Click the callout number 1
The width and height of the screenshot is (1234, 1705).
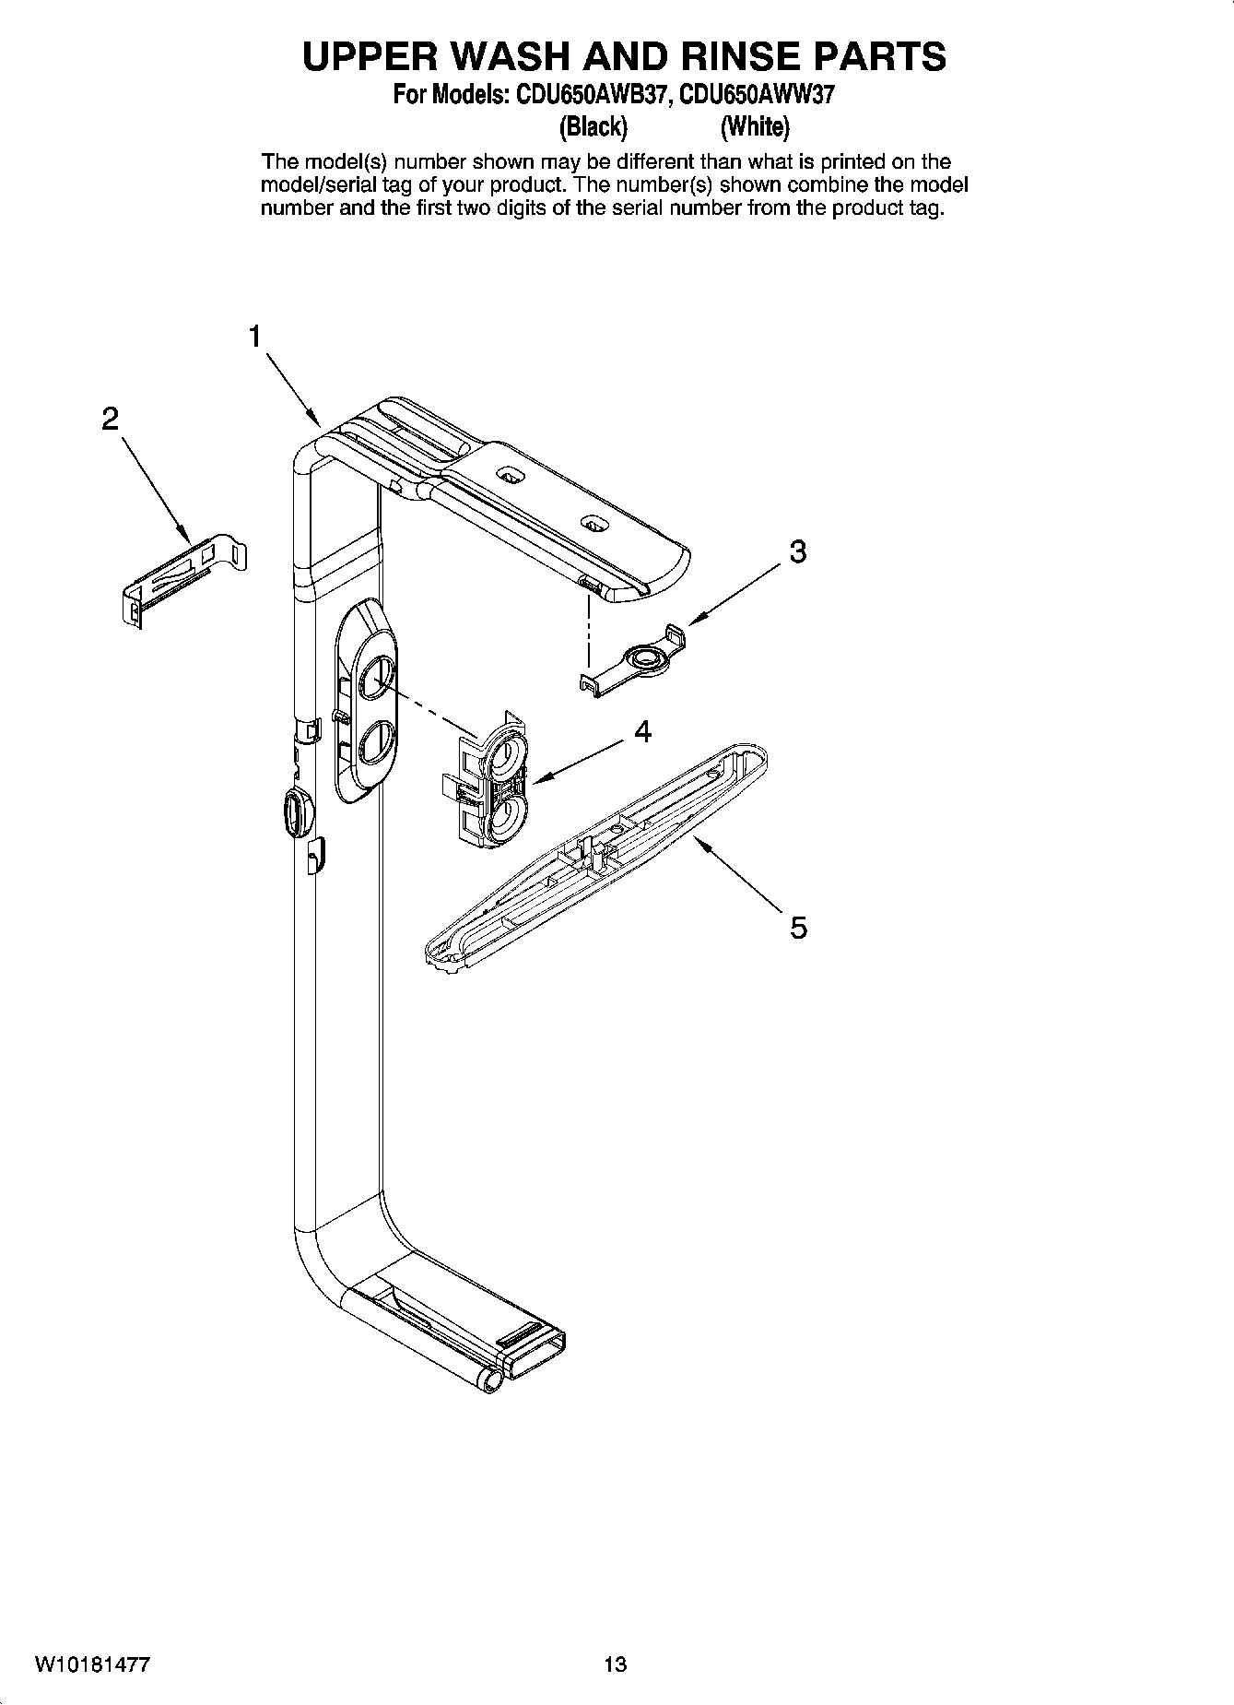[254, 337]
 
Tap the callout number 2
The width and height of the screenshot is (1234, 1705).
[110, 420]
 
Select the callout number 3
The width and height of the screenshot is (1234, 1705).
[798, 552]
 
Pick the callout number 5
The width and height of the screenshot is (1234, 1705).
[798, 927]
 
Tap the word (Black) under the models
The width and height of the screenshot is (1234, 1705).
[593, 125]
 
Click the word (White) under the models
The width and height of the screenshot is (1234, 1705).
[755, 125]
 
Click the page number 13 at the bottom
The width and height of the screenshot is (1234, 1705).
[616, 1664]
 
